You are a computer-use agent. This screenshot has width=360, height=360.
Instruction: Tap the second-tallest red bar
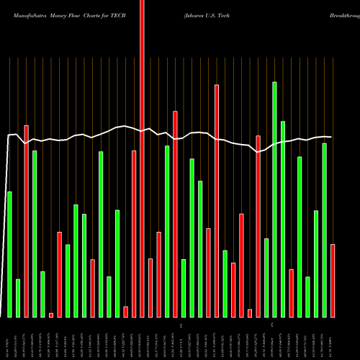217,201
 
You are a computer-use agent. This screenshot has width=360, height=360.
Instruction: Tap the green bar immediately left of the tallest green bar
266,277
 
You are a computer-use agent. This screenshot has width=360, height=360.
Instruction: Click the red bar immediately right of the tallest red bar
150,287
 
